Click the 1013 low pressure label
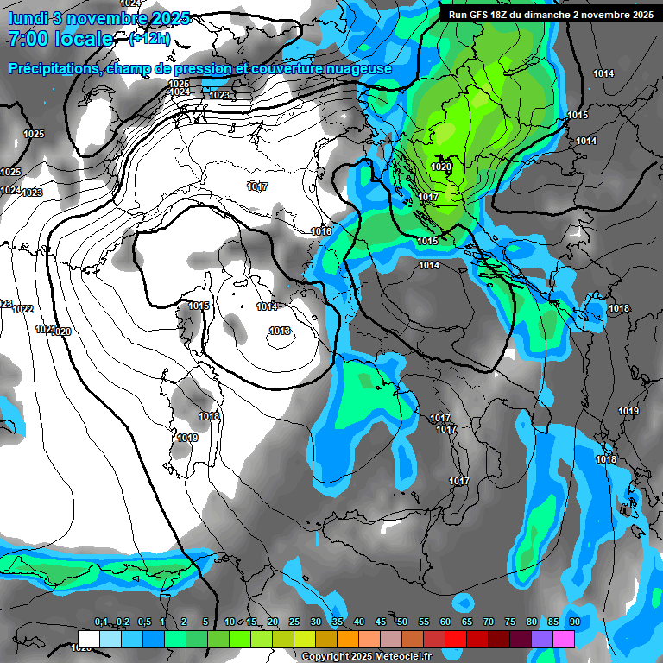pyautogui.click(x=280, y=331)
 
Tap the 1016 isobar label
pyautogui.click(x=321, y=231)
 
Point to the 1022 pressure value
pyautogui.click(x=23, y=309)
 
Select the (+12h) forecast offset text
pyautogui.click(x=148, y=39)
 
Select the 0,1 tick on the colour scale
pyautogui.click(x=101, y=622)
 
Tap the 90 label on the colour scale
pyautogui.click(x=574, y=622)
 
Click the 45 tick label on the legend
pyautogui.click(x=381, y=622)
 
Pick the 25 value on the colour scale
pyautogui.click(x=294, y=622)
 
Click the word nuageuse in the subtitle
pyautogui.click(x=359, y=68)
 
